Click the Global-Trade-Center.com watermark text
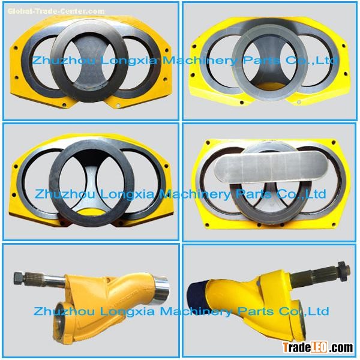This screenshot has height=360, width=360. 56,11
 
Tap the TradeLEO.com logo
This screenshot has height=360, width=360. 318,347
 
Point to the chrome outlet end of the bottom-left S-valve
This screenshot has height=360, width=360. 161,290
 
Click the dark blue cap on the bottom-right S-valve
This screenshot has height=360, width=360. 197,295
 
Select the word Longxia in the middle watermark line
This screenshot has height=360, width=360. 127,194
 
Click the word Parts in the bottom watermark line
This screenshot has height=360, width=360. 256,311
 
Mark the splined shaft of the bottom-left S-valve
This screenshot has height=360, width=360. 45,280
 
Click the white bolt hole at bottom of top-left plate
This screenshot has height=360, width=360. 118,106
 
